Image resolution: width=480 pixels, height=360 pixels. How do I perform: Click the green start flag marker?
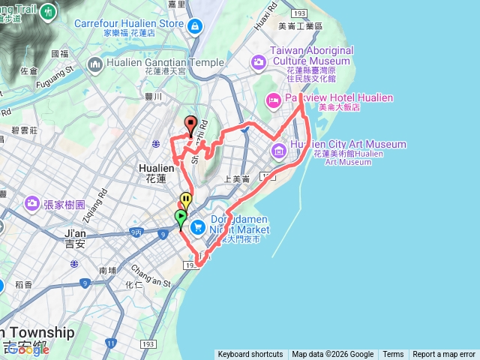(x=181, y=217)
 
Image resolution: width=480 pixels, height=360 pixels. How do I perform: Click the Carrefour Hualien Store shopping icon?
(x=196, y=28)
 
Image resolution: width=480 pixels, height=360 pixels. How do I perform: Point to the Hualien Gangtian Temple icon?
(x=95, y=64)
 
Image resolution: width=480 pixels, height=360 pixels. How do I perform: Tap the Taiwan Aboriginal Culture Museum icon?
(x=258, y=63)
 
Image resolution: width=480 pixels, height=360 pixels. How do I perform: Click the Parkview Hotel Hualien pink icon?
(x=274, y=99)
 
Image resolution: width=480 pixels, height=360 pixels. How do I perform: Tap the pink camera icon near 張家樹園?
(x=32, y=203)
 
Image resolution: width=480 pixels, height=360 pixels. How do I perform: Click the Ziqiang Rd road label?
(x=103, y=198)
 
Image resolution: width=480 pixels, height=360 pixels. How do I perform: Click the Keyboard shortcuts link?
(x=250, y=355)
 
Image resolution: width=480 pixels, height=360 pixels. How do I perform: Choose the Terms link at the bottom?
(x=393, y=355)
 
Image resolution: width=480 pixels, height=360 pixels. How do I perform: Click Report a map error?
(x=444, y=355)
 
